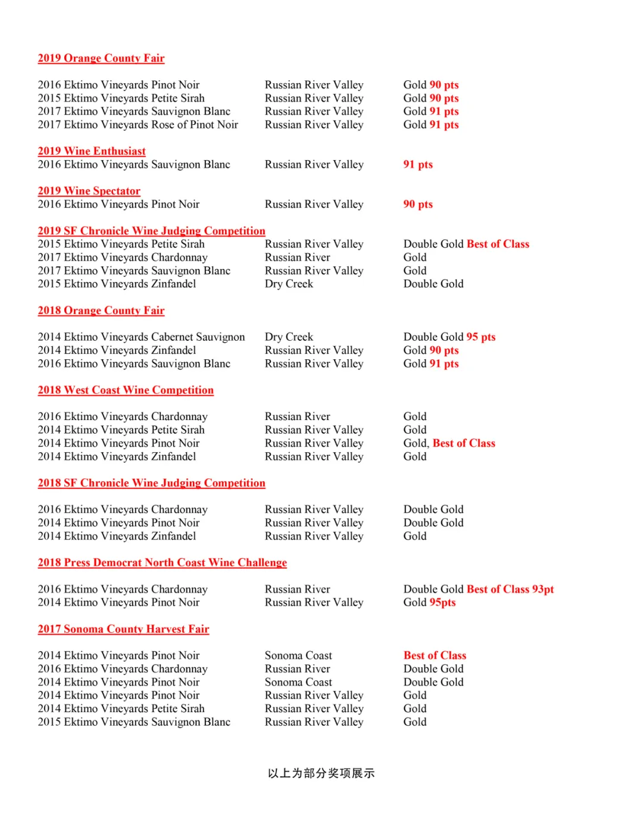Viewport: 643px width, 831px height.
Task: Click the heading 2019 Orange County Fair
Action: (x=101, y=58)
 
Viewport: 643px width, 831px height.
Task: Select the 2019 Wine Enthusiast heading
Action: (x=92, y=151)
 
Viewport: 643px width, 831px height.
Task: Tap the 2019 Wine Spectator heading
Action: (x=89, y=191)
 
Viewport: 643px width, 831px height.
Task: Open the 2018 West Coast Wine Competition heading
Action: (x=126, y=390)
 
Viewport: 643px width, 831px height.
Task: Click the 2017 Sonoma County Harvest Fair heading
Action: (x=123, y=629)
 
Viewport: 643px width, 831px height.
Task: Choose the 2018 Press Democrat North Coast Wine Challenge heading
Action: (x=162, y=563)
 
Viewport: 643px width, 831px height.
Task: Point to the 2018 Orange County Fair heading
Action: (x=101, y=311)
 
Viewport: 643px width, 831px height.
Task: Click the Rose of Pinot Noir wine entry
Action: (x=138, y=125)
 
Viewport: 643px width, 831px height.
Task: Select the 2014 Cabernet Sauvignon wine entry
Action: (x=141, y=337)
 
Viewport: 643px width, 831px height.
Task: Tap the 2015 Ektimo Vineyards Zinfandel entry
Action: (x=117, y=284)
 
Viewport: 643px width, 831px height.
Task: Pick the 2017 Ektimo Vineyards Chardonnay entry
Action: (x=123, y=258)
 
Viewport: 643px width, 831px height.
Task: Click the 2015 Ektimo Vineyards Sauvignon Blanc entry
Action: (x=134, y=722)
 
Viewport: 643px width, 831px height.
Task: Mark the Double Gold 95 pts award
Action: (x=450, y=337)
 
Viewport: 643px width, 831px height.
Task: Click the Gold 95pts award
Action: (x=429, y=603)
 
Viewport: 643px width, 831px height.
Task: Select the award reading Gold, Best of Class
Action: (x=450, y=443)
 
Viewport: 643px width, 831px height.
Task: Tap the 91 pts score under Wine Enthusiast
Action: (x=418, y=165)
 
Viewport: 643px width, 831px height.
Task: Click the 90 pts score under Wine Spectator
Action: (x=418, y=205)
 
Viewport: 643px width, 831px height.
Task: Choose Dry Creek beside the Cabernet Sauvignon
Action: (x=289, y=337)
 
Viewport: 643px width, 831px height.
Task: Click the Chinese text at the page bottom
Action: (x=321, y=773)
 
